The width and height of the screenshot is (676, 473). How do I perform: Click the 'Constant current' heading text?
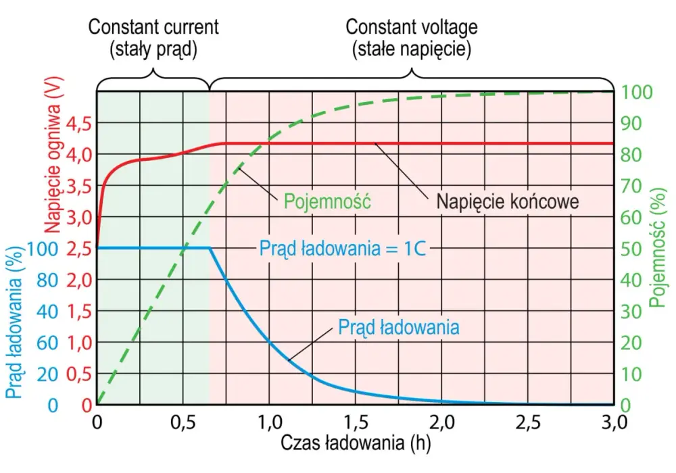[x=153, y=27]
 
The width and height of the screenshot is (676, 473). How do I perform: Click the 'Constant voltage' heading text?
[x=411, y=27]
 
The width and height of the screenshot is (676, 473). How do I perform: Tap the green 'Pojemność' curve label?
[x=327, y=201]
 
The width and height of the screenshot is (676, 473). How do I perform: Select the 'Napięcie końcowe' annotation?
[x=508, y=201]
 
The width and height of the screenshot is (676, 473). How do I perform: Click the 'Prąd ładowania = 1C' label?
[x=342, y=249]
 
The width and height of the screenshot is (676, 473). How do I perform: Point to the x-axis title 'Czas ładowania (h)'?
[x=356, y=443]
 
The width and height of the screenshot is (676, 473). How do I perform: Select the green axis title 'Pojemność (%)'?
[x=658, y=248]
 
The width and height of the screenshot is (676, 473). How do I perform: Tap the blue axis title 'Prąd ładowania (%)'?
[x=14, y=322]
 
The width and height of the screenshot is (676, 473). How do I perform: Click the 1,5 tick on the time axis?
[x=356, y=422]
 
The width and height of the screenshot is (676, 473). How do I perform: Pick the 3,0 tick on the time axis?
[x=614, y=422]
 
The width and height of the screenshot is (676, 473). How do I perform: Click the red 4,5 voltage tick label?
[x=79, y=124]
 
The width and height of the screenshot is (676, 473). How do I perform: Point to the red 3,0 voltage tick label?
[x=79, y=218]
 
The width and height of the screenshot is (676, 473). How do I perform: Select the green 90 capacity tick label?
[x=631, y=124]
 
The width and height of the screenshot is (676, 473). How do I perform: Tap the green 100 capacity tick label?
[x=636, y=92]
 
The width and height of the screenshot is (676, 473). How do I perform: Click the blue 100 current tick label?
[x=43, y=249]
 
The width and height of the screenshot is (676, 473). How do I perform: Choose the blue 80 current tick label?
[x=47, y=280]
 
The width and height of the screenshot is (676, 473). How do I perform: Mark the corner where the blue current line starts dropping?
[x=210, y=248]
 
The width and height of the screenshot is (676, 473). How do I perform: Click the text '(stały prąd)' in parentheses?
[x=153, y=49]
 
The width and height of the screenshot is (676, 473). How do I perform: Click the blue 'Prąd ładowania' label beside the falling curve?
[x=398, y=327]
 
